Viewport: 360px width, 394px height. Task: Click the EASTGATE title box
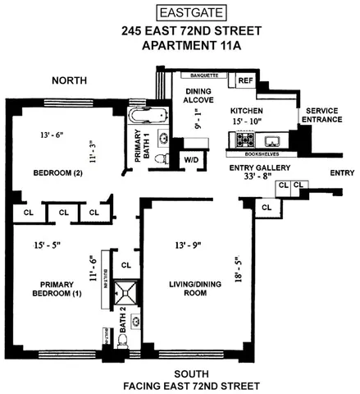click(180, 11)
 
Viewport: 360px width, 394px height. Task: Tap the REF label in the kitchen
click(244, 80)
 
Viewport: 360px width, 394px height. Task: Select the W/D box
click(191, 158)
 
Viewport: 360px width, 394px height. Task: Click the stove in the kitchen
click(245, 141)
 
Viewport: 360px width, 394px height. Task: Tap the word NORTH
click(70, 81)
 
